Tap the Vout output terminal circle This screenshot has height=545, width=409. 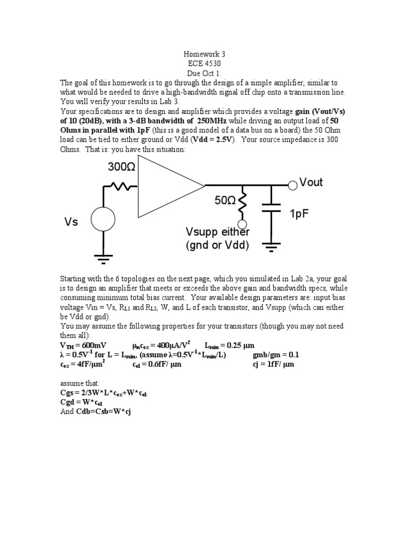tap(292, 186)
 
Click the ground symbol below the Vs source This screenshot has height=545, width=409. tap(102, 259)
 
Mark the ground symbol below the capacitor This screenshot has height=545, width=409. tap(272, 246)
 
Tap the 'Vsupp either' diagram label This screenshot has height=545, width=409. tap(217, 233)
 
